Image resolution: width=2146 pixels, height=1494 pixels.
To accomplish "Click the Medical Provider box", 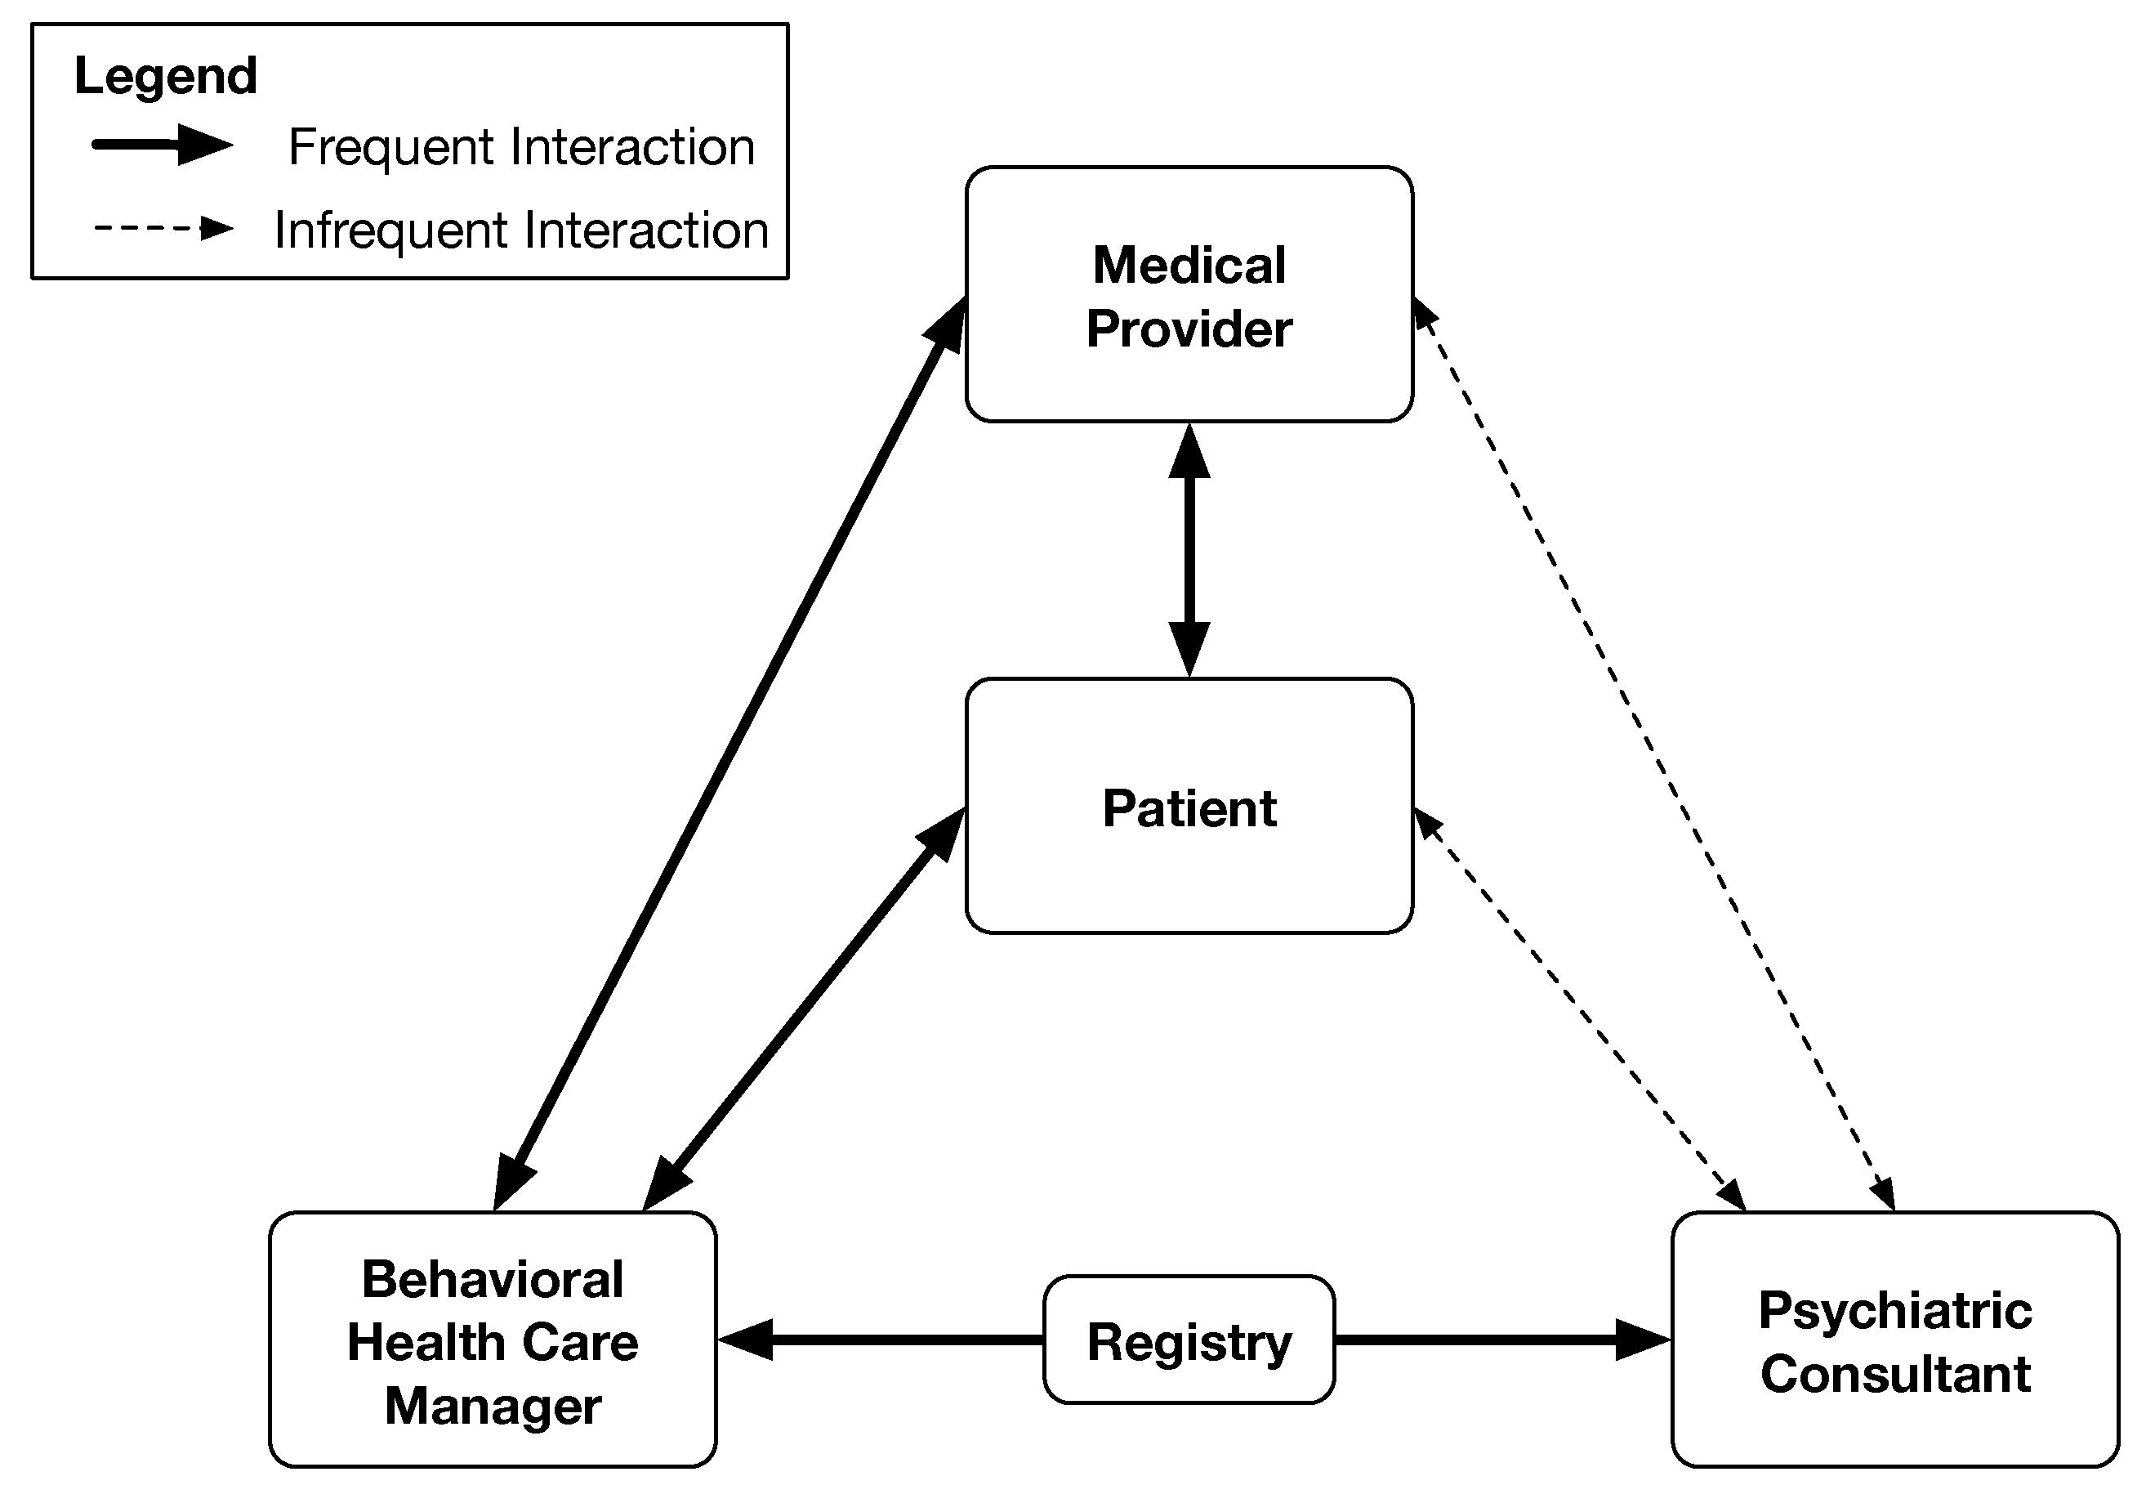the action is (x=1189, y=294).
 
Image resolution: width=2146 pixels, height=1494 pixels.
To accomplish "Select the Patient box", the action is (x=1189, y=806).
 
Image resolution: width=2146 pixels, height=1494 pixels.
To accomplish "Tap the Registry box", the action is (x=1189, y=1340).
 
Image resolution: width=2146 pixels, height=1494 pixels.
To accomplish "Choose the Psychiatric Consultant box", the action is (x=1895, y=1340).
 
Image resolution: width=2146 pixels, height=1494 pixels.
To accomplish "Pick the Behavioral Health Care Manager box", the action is (x=493, y=1340).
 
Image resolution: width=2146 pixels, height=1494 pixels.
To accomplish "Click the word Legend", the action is (x=166, y=76).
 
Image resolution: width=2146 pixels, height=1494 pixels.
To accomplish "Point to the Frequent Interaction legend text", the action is (x=521, y=147).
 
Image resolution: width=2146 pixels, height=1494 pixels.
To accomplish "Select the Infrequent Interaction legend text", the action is (x=521, y=230).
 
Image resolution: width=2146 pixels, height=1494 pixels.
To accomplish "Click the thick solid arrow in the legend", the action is (x=163, y=145).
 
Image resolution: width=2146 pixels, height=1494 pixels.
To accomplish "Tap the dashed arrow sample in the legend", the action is (x=163, y=228).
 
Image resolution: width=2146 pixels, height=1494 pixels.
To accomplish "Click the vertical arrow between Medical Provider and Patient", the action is (x=1189, y=551).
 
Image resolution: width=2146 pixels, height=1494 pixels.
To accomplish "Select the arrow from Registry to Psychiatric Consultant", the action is (x=1503, y=1340).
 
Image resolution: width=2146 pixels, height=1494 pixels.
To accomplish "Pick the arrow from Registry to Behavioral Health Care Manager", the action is (x=881, y=1340).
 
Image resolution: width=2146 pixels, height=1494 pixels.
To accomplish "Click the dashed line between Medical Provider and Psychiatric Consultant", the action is (x=1653, y=754).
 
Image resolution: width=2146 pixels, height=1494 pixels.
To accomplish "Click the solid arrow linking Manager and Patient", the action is (x=804, y=1009).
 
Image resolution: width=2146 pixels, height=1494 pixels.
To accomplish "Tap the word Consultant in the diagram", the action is (x=1895, y=1373).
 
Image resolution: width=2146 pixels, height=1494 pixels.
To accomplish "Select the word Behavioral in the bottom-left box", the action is (x=493, y=1278).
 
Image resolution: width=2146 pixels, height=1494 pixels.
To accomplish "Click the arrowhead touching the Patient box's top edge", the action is (x=1189, y=650).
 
